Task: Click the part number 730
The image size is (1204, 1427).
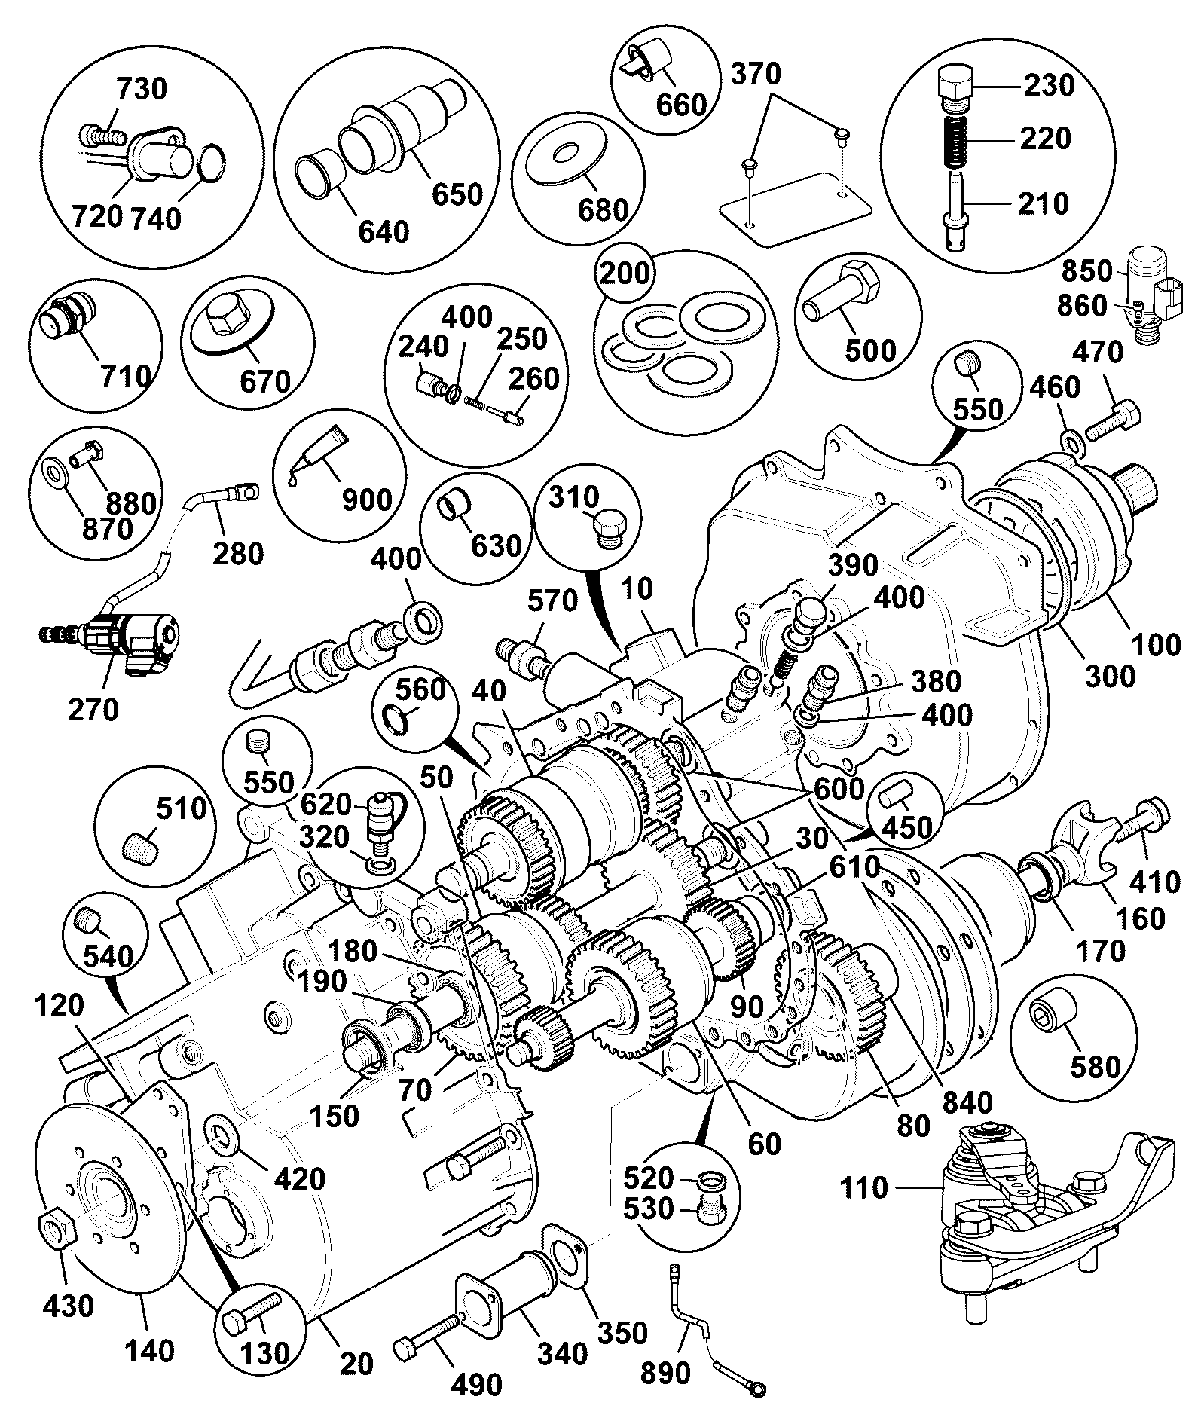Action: click(142, 89)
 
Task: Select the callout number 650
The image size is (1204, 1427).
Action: click(457, 194)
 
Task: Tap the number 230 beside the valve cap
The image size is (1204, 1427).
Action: click(1048, 85)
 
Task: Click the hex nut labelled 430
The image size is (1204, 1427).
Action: click(56, 1229)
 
